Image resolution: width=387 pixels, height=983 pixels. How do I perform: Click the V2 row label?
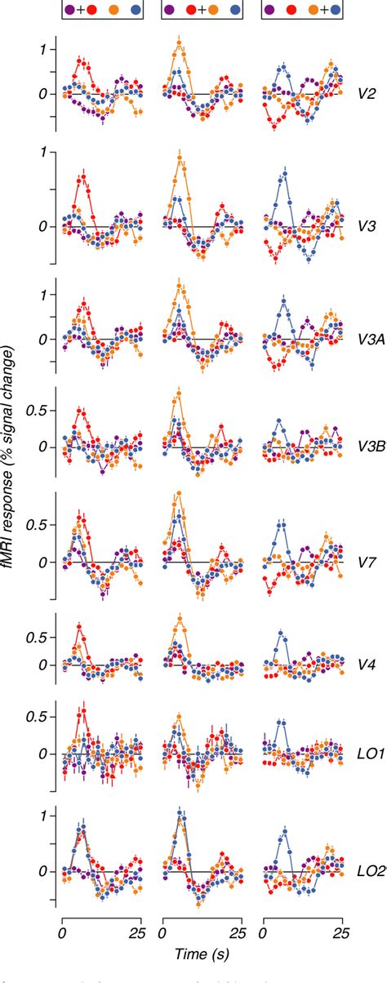pyautogui.click(x=366, y=95)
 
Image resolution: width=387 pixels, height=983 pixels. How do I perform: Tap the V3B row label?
pyautogui.click(x=367, y=447)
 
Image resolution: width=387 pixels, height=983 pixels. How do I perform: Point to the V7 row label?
pyautogui.click(x=366, y=563)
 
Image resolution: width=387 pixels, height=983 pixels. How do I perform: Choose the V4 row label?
pyautogui.click(x=366, y=665)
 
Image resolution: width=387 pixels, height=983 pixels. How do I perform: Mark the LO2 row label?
pyautogui.click(x=367, y=872)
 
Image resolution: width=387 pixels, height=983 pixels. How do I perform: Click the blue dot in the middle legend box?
pyautogui.click(x=235, y=10)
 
